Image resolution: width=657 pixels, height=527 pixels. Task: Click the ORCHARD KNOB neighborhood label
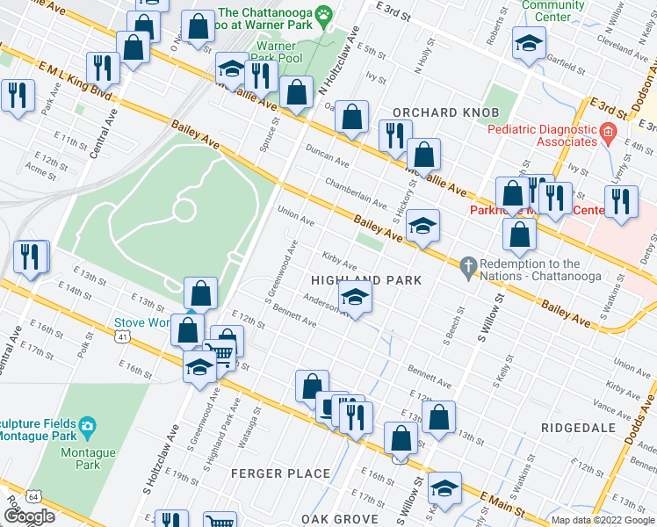pos(445,112)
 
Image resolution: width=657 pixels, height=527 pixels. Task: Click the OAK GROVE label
pos(340,518)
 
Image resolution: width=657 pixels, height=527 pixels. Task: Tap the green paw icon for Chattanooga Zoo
pos(324,13)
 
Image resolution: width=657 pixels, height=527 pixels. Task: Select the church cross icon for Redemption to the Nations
pos(468,264)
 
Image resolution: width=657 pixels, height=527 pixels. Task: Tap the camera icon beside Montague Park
pos(87,427)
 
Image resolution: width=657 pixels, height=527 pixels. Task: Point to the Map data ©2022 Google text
pos(603,520)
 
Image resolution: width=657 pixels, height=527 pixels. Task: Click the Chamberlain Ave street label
pos(356,191)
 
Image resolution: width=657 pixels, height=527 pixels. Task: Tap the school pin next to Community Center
pos(529,44)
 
